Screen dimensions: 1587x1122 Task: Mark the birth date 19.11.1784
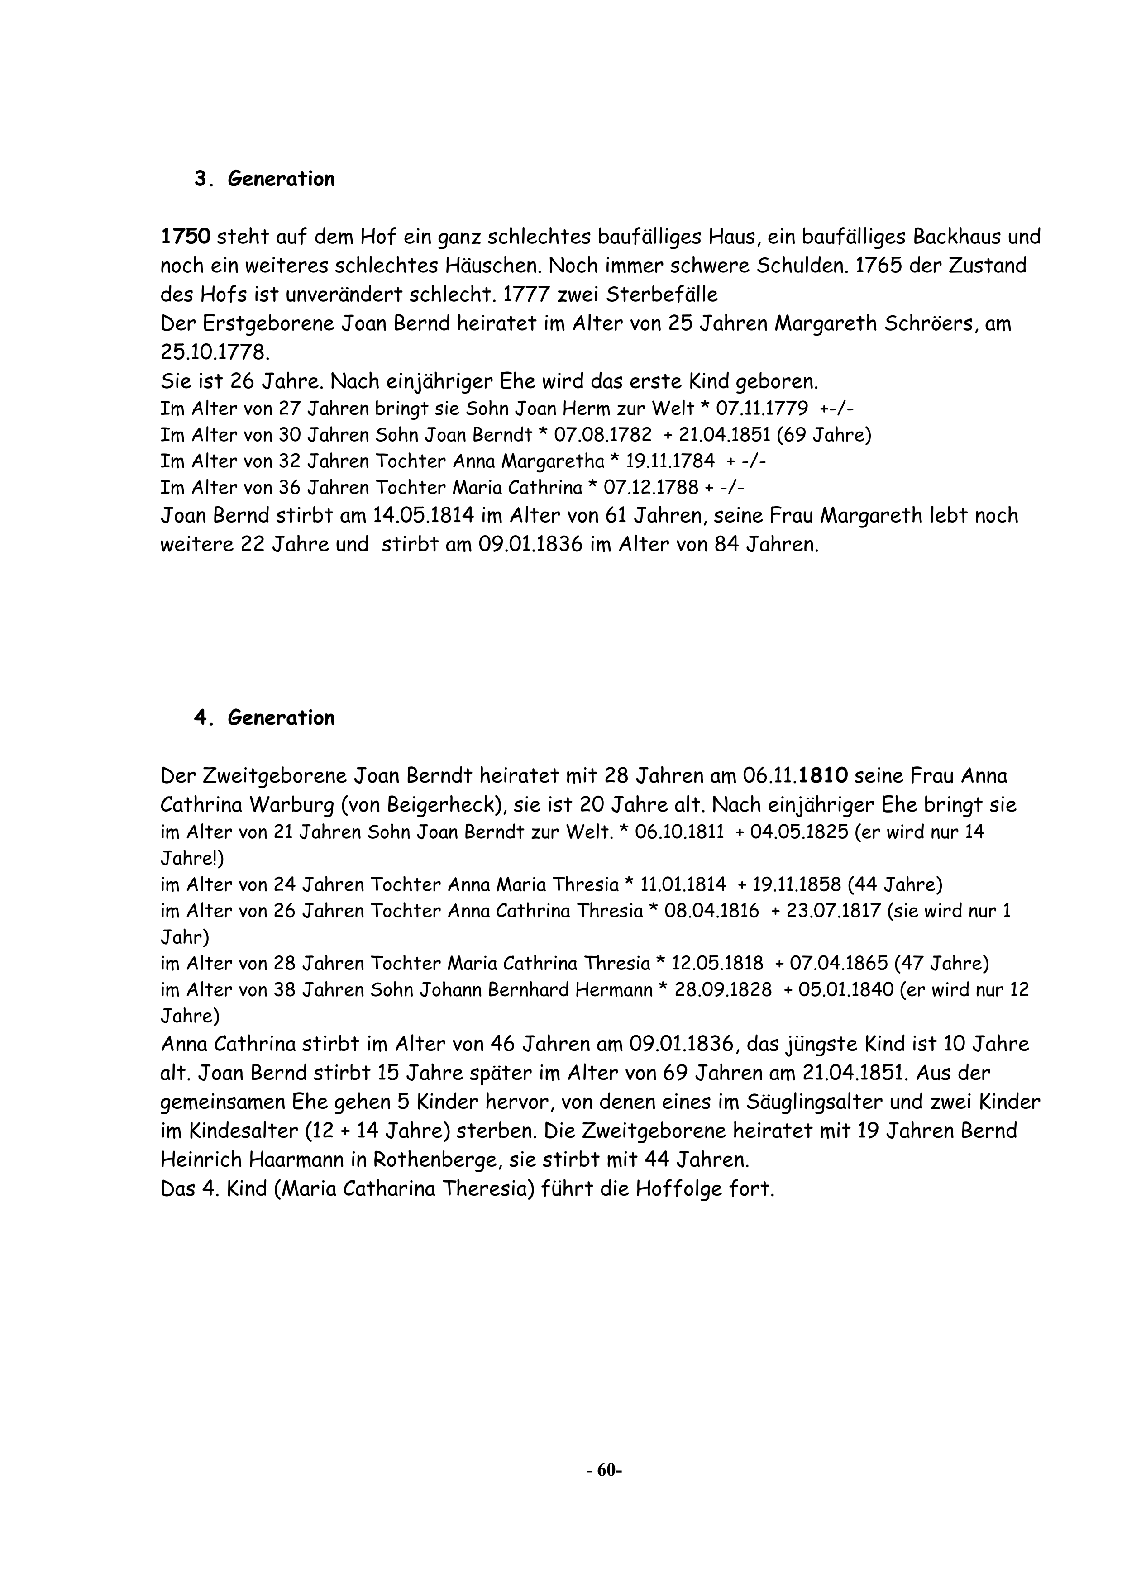[x=670, y=461]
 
